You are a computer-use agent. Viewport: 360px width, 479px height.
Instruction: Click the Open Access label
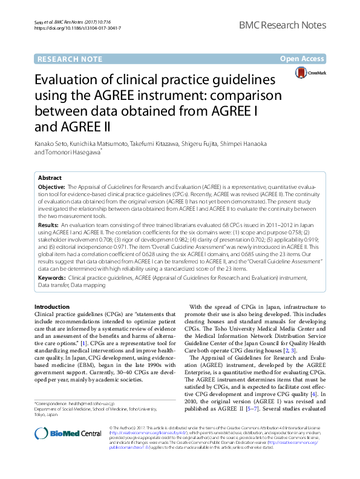tap(303, 59)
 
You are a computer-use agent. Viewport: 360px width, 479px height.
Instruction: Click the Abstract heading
tap(50, 178)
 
